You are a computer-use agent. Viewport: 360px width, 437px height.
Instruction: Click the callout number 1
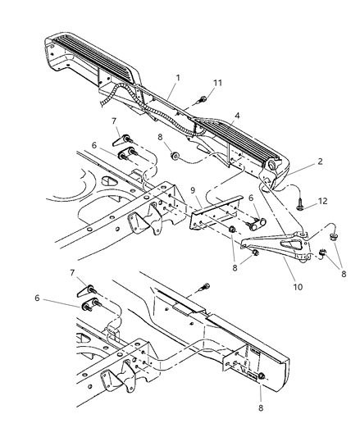178,78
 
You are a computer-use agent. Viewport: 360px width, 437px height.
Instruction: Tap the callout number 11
217,83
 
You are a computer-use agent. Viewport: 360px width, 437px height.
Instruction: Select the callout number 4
237,116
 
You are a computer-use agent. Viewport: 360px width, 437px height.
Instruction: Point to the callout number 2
320,161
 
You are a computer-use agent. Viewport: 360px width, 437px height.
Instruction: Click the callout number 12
322,201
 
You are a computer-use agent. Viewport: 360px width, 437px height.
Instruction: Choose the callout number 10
298,286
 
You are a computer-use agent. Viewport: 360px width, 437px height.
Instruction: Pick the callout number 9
193,190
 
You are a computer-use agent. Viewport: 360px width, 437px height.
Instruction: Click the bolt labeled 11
202,100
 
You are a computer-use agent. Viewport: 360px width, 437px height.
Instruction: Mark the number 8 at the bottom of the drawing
261,407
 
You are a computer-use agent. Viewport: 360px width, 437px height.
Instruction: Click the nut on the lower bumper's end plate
262,376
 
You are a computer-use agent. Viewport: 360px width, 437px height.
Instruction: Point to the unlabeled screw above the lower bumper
204,287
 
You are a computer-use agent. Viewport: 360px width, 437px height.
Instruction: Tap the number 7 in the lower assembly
72,272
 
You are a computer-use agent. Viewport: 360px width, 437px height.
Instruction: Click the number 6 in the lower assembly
37,298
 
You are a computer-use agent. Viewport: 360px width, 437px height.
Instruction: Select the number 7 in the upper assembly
114,121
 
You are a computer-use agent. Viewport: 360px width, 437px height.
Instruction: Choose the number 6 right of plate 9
251,198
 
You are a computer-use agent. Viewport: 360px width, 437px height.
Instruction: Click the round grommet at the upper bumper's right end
271,166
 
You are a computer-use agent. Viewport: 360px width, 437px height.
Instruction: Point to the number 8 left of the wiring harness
160,137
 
